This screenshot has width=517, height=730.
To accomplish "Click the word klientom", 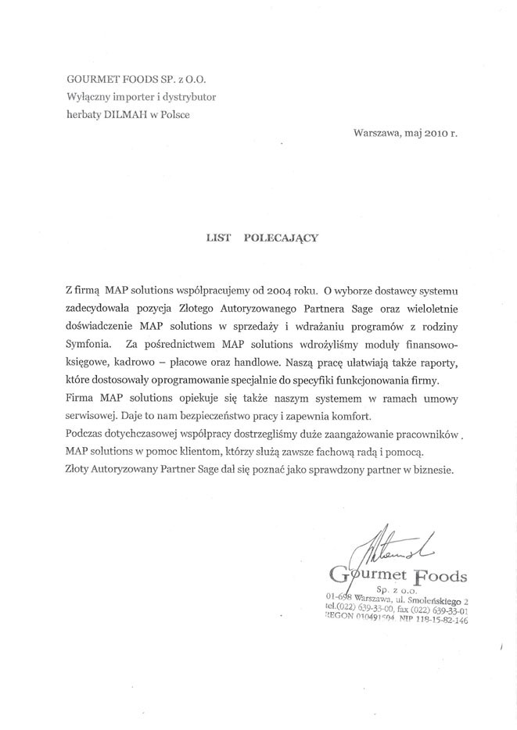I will pos(196,453).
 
